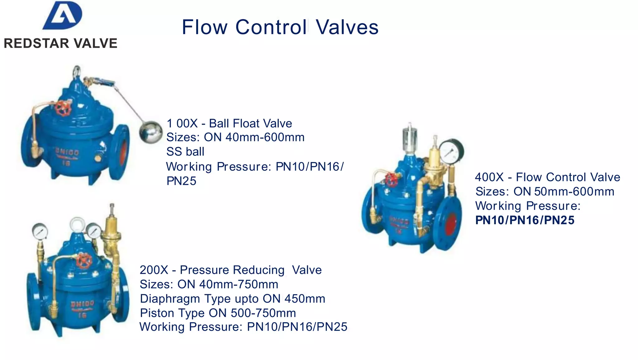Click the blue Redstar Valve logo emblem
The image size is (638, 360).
[63, 16]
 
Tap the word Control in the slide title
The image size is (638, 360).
[271, 27]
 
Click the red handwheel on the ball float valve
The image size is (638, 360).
[64, 108]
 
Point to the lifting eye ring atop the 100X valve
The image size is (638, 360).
[77, 71]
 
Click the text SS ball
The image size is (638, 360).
[185, 151]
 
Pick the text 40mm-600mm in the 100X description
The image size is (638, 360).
[265, 137]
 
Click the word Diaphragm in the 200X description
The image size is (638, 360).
[170, 299]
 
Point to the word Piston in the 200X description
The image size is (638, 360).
[157, 313]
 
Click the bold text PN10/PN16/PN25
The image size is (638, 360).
[525, 220]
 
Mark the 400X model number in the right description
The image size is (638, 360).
[489, 177]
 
